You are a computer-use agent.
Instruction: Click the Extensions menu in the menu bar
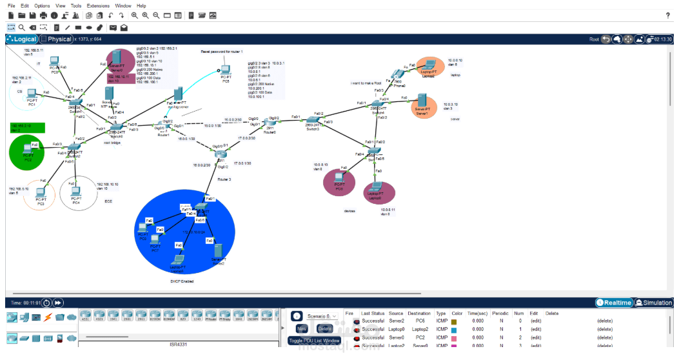point(98,5)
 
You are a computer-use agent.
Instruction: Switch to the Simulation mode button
point(654,303)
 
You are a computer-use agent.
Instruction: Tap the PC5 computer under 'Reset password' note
point(225,72)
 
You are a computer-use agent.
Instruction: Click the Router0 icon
point(269,123)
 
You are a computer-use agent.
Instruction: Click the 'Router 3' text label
point(224,179)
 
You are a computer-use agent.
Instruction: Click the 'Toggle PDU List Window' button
point(314,340)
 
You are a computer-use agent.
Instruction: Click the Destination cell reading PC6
point(420,321)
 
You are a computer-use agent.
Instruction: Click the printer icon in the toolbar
point(43,15)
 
